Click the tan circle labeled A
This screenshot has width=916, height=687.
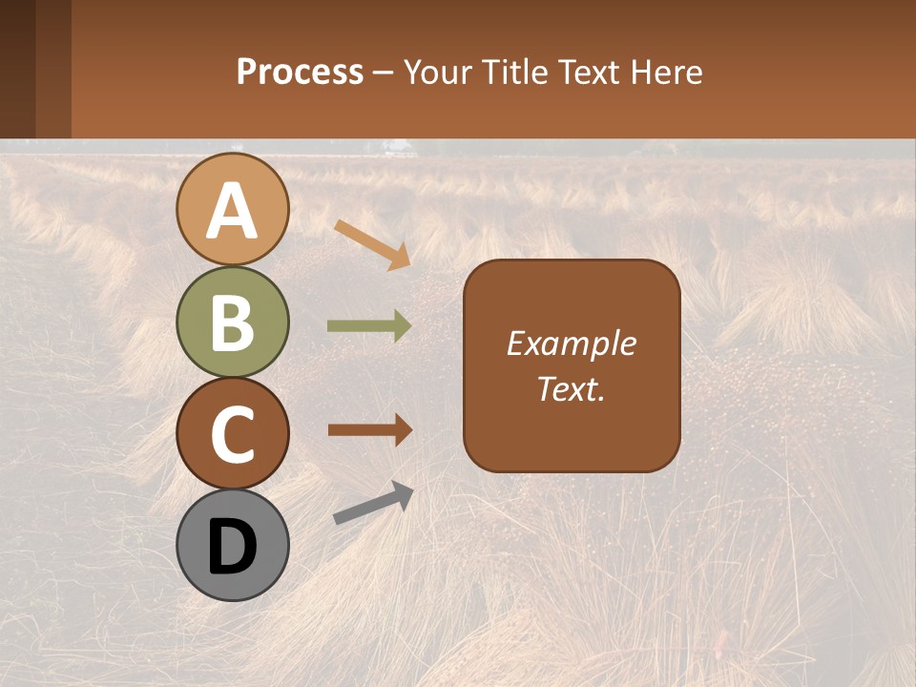click(232, 209)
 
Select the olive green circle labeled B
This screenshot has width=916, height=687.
click(232, 322)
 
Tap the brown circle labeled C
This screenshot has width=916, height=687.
click(232, 433)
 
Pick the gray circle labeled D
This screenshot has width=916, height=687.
click(232, 545)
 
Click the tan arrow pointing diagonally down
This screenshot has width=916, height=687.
click(373, 244)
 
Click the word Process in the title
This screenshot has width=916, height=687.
click(300, 73)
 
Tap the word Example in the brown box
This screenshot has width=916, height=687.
click(571, 344)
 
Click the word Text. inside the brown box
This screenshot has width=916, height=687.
click(571, 388)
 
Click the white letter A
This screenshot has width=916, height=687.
click(232, 211)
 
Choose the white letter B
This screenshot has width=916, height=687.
click(232, 323)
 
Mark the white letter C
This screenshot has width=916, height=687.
click(232, 434)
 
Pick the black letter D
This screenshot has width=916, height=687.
click(232, 547)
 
